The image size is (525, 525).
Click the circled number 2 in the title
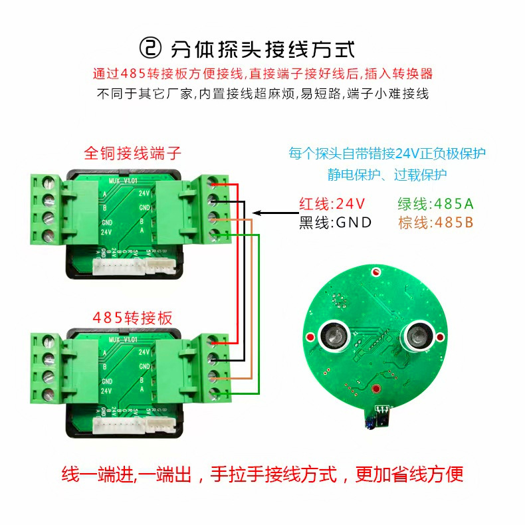(151, 48)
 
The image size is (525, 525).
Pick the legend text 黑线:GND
(334, 222)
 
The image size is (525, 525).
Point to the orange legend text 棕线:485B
(435, 222)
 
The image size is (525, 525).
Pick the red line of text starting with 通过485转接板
(262, 74)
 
